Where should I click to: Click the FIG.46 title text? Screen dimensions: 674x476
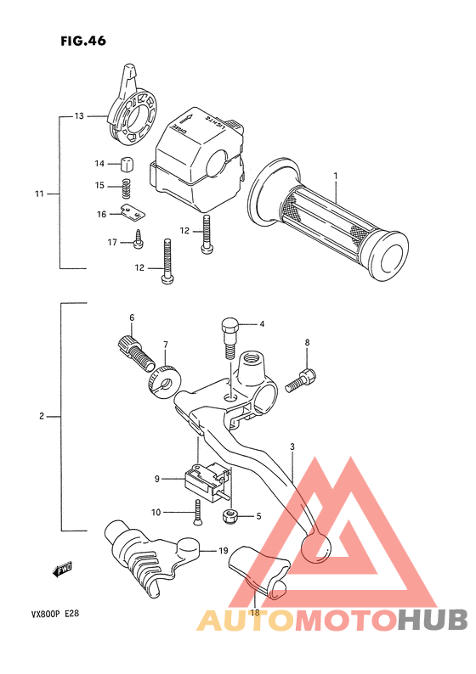click(83, 41)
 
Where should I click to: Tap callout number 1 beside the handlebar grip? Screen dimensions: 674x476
click(336, 176)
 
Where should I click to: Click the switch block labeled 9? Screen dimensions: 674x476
click(205, 481)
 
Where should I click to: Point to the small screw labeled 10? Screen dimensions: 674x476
click(197, 512)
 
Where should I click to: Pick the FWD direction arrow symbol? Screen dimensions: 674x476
click(61, 571)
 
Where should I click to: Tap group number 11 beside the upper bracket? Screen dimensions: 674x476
click(39, 194)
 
